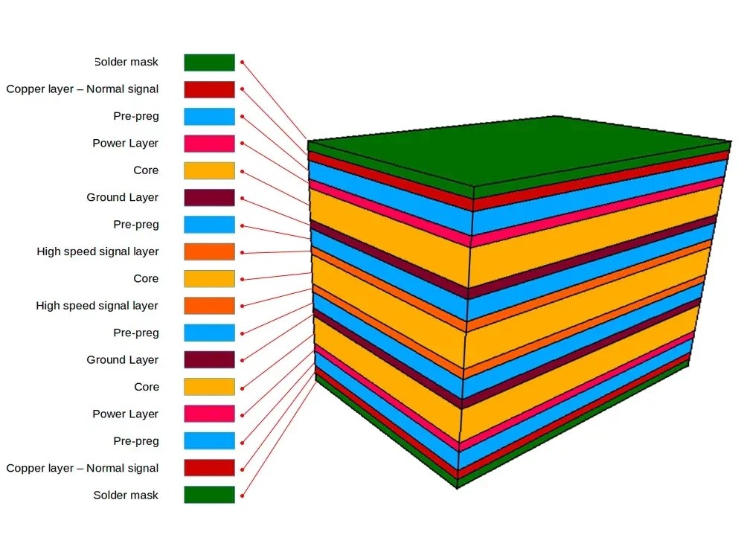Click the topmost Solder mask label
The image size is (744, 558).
click(126, 62)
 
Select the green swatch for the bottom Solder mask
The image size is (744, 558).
click(209, 495)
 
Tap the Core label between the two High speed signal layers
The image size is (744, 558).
click(146, 279)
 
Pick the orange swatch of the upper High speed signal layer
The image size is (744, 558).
click(209, 251)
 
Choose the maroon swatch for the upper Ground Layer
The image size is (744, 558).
click(209, 197)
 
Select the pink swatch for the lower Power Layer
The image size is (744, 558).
click(209, 414)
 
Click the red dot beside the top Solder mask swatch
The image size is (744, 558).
click(243, 62)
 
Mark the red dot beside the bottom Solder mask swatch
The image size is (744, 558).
click(243, 495)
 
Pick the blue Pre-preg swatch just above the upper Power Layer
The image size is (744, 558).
click(209, 116)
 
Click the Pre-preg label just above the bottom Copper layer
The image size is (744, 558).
click(135, 441)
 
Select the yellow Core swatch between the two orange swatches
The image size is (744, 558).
click(209, 278)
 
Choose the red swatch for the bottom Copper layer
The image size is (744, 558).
click(209, 468)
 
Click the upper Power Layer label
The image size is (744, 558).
click(125, 144)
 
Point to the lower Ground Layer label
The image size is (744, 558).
click(122, 360)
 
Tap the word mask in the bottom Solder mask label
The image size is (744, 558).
click(144, 496)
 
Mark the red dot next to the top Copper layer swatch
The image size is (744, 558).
click(243, 89)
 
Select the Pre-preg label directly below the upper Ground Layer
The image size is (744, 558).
click(135, 225)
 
